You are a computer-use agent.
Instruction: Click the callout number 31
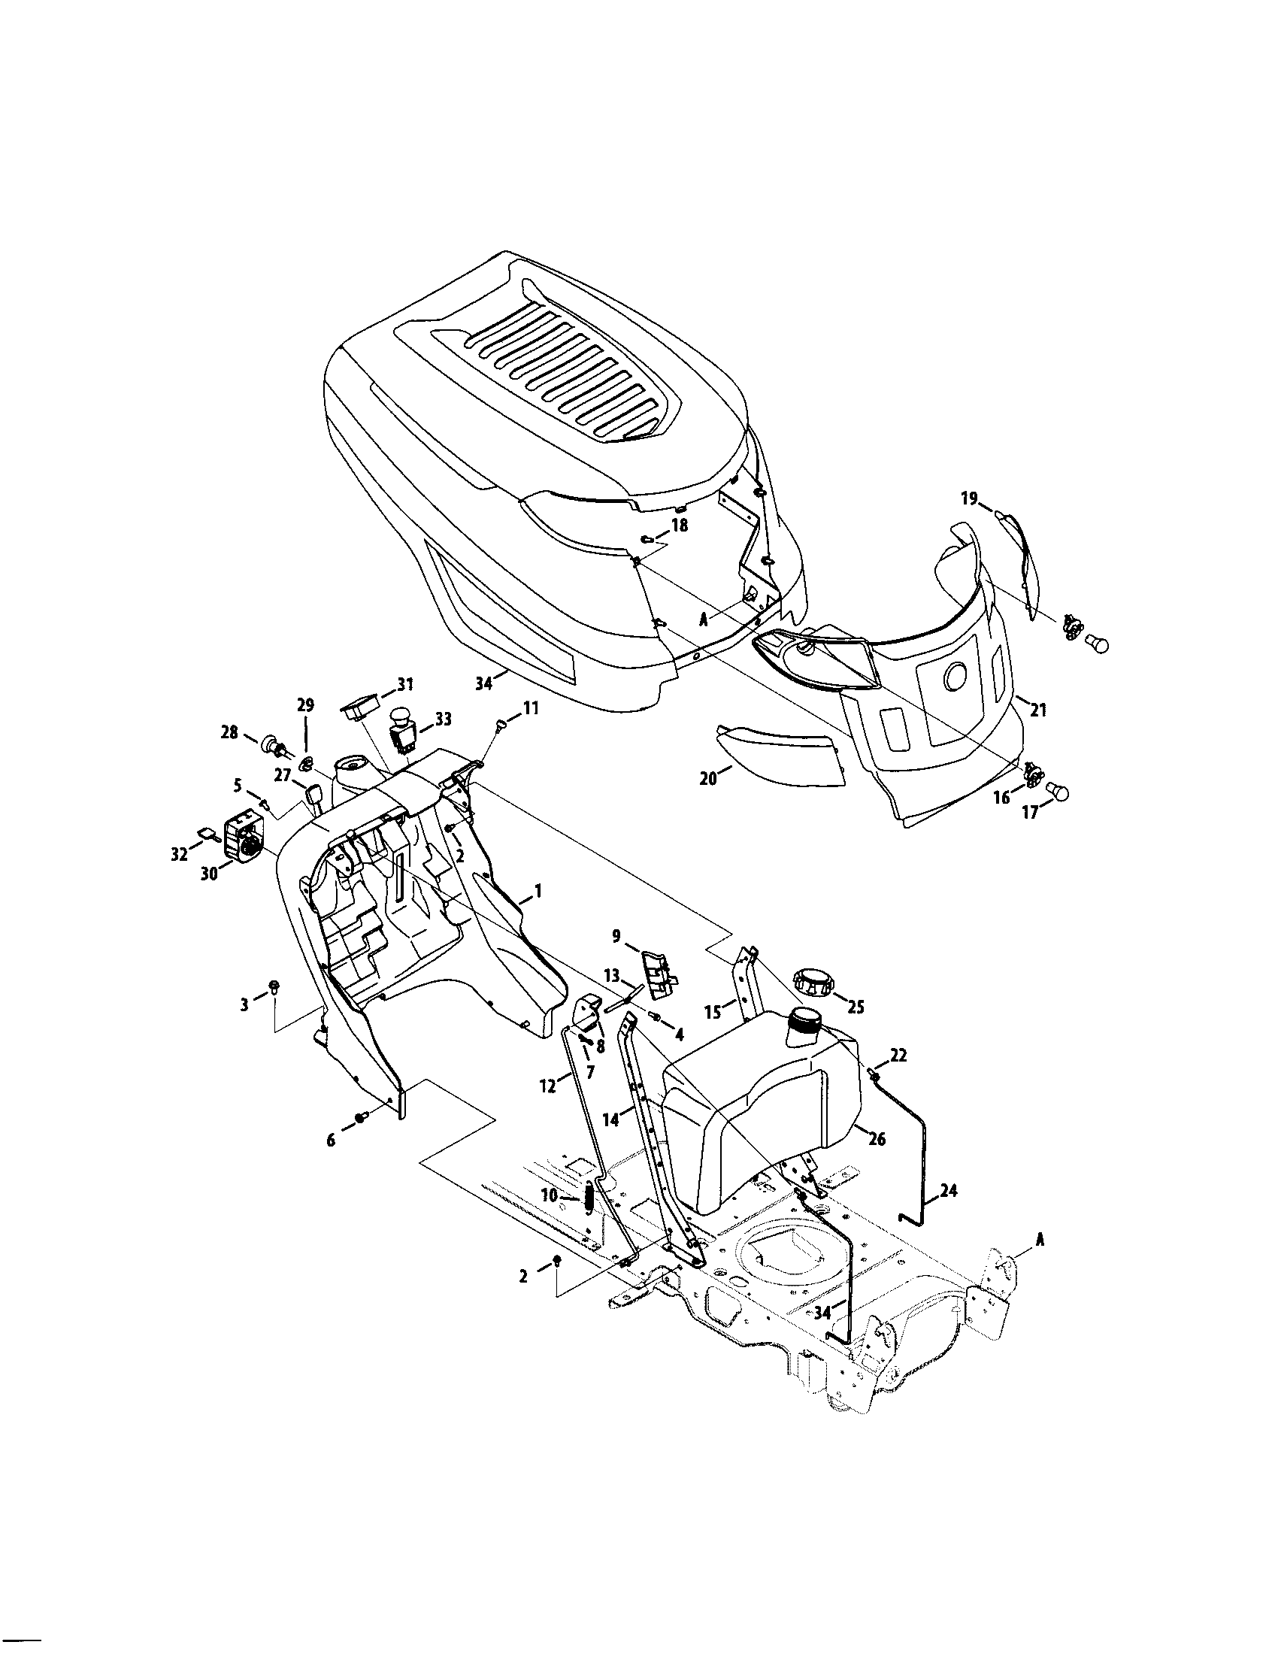tap(405, 684)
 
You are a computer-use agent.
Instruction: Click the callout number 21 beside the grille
tap(1038, 710)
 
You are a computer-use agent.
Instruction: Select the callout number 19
tap(970, 498)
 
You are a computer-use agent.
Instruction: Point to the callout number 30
tap(209, 873)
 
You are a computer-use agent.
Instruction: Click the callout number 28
tap(229, 732)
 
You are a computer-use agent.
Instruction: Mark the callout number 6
tap(331, 1141)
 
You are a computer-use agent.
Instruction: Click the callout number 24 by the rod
tap(948, 1191)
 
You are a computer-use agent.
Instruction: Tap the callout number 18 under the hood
tap(679, 524)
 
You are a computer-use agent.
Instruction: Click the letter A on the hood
tap(703, 619)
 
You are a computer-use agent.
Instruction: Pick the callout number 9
tap(616, 937)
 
